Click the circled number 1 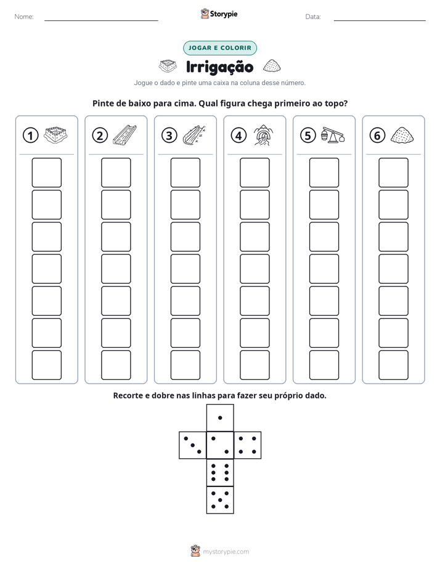(x=30, y=135)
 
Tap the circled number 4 (x=238, y=135)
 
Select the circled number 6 (x=377, y=135)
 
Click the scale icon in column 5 (x=333, y=135)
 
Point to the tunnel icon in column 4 (x=264, y=135)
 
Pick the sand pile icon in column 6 (x=402, y=135)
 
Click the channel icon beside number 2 (x=125, y=135)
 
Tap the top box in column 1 (x=46, y=172)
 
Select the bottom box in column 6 (x=394, y=365)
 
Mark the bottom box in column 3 (x=185, y=365)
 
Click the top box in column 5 (x=324, y=172)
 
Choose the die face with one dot (x=220, y=418)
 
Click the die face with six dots (x=220, y=472)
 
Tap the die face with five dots (x=220, y=500)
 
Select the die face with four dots (x=248, y=445)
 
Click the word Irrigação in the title (x=219, y=67)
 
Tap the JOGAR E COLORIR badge (x=220, y=48)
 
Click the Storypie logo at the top (x=219, y=14)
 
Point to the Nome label (x=24, y=17)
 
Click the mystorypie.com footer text (x=226, y=552)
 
